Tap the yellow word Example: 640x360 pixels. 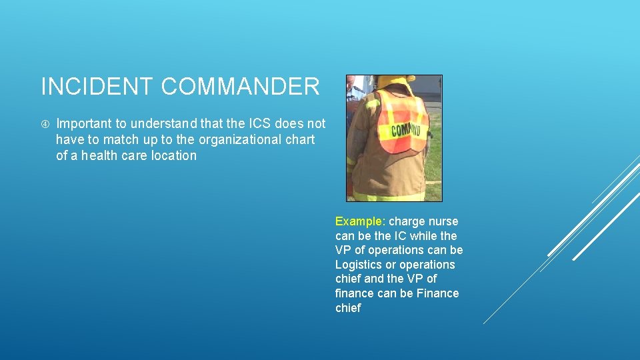[360, 221]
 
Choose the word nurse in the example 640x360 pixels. [443, 221]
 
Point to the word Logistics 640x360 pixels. [359, 265]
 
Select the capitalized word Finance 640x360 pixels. [437, 293]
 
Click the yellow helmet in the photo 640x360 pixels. [395, 80]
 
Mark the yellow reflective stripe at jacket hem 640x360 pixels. [390, 196]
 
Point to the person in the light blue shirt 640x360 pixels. [353, 90]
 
